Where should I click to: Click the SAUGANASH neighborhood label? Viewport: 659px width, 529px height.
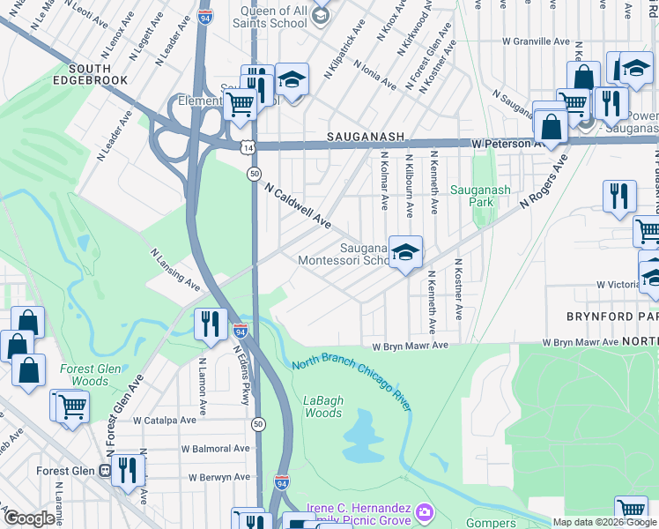pos(365,137)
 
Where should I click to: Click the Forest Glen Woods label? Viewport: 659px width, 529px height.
pos(84,375)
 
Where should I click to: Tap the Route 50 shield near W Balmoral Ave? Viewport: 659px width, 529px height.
pos(256,424)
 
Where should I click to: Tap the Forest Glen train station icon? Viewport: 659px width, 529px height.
pos(105,471)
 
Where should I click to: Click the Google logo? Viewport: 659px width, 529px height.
pos(30,518)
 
